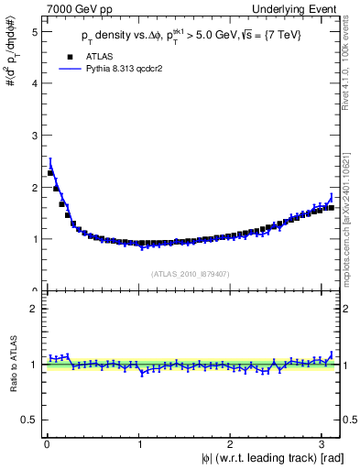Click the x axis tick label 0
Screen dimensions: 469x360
[46, 443]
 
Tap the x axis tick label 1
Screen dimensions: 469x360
[138, 443]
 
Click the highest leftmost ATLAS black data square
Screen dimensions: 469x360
[50, 173]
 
